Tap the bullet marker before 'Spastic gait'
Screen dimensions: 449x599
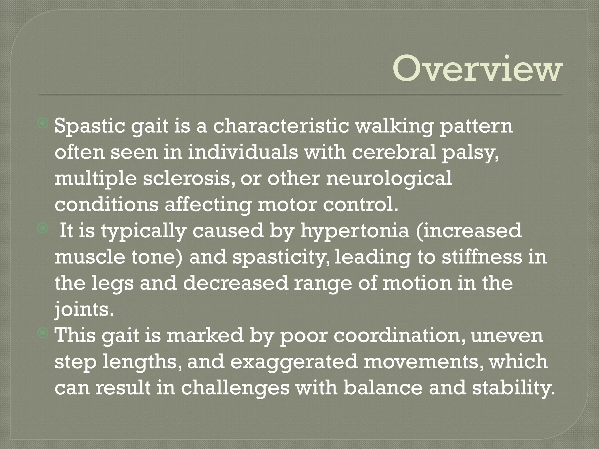pyautogui.click(x=43, y=124)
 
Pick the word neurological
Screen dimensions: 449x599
pyautogui.click(x=389, y=179)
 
